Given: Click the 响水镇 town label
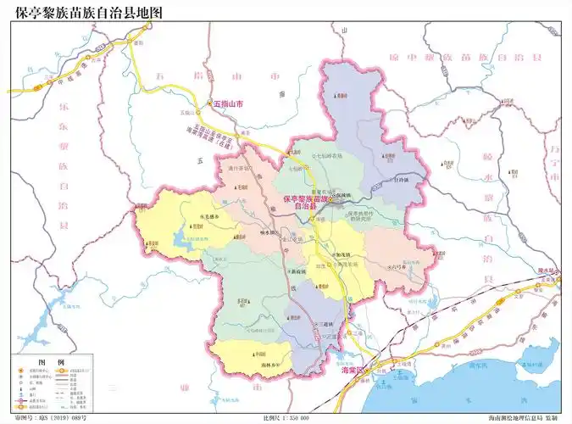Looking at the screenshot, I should pos(268,232).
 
